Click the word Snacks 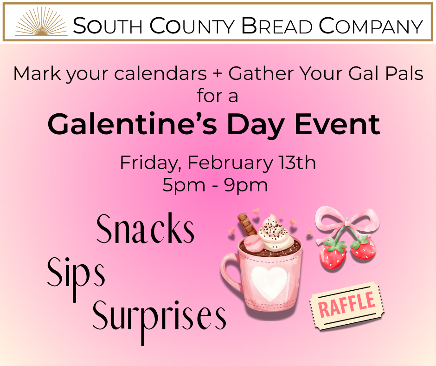(146, 229)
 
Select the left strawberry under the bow (333, 253)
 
